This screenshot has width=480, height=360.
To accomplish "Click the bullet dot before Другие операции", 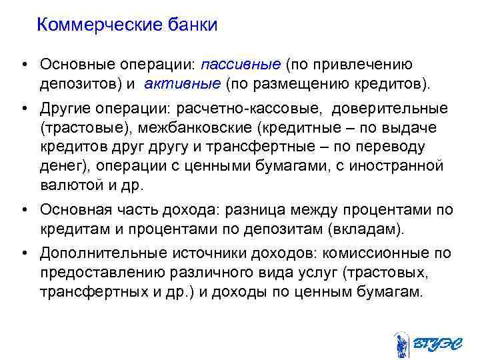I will tap(24, 108).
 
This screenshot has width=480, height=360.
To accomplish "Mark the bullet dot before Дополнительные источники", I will tap(24, 253).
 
